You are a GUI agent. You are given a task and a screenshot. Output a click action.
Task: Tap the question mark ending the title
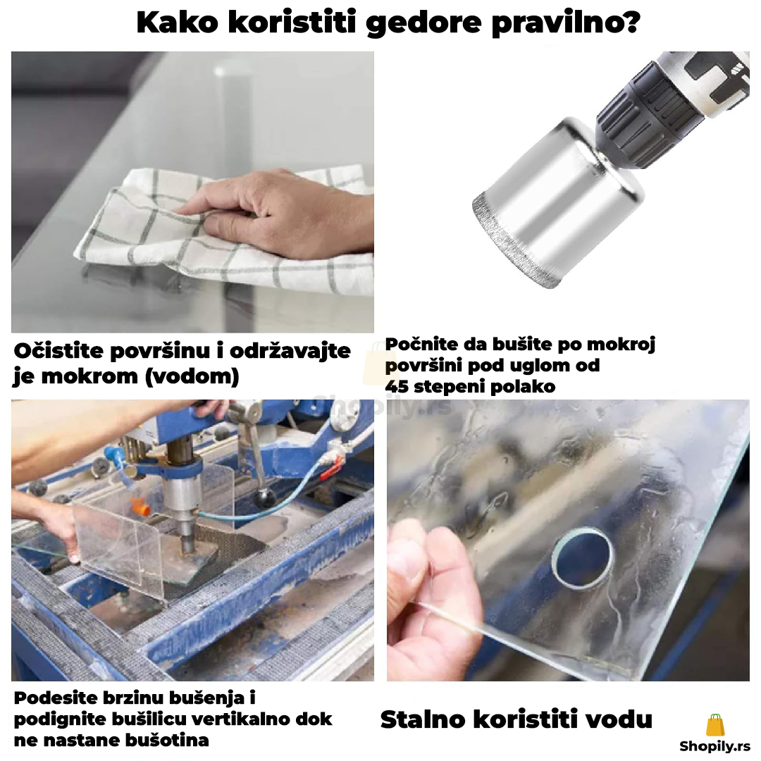(630, 21)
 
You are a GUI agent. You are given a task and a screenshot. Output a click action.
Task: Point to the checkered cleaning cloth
(223, 233)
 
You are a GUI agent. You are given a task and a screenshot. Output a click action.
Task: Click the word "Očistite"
(58, 350)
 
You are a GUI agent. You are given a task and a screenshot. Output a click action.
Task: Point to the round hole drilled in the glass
(583, 559)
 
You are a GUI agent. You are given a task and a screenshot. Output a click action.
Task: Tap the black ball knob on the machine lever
(266, 497)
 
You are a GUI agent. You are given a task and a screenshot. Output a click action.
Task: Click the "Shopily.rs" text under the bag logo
(715, 746)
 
